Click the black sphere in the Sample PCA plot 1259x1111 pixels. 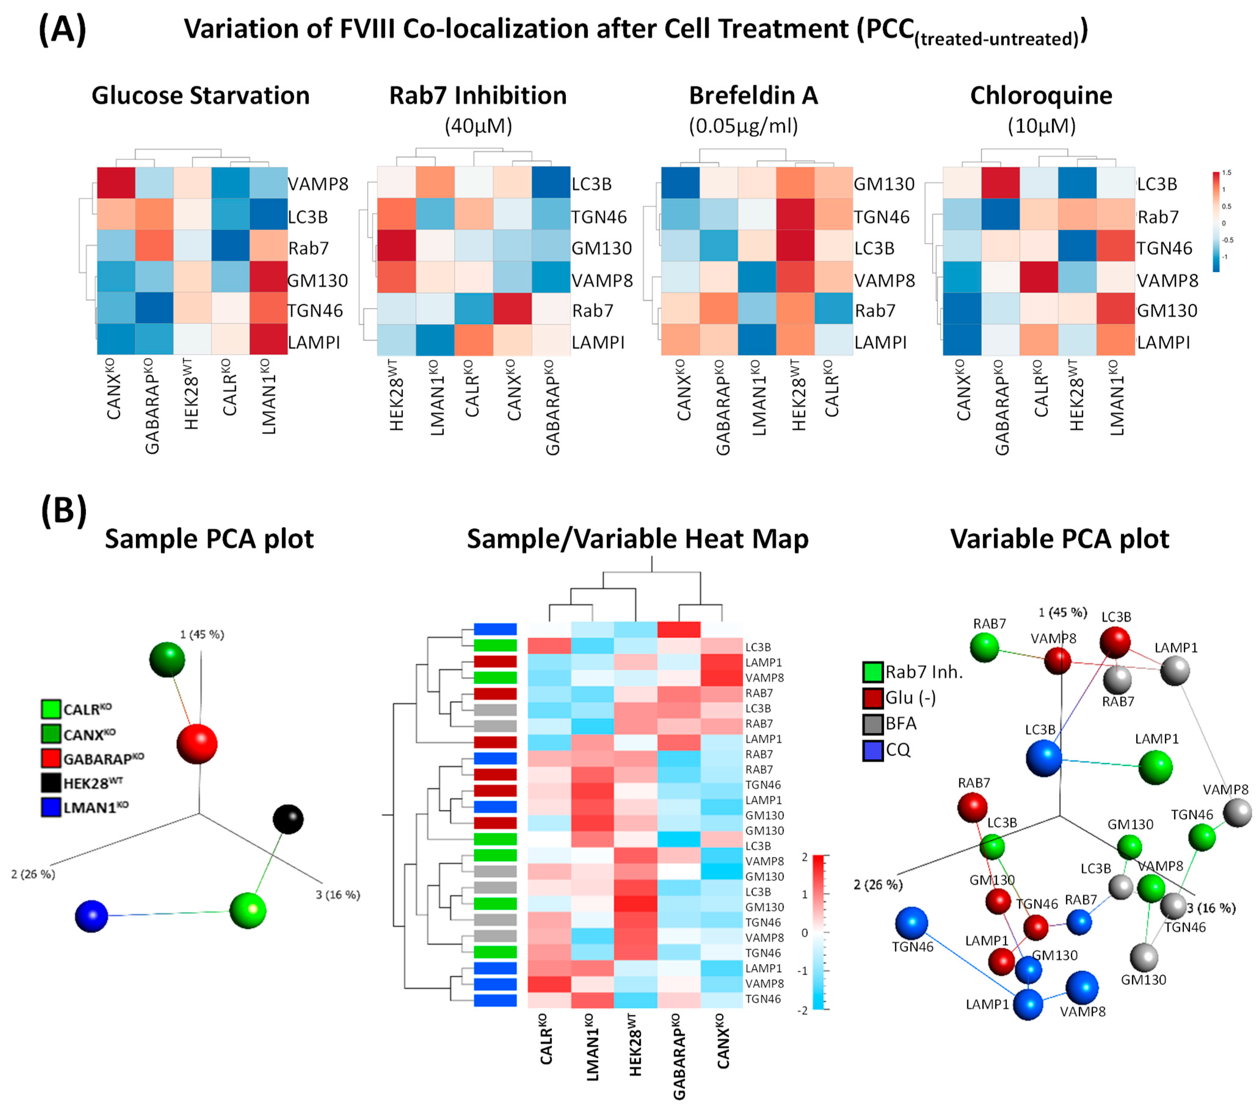point(288,819)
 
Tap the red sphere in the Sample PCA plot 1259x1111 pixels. point(197,744)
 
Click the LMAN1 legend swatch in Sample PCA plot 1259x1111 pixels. point(51,807)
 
